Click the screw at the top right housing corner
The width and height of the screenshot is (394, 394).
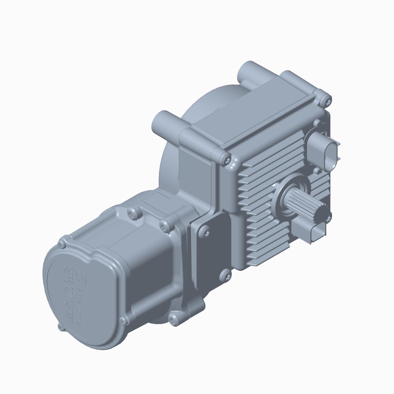pyautogui.click(x=327, y=100)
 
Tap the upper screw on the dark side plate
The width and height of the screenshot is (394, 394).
pyautogui.click(x=205, y=230)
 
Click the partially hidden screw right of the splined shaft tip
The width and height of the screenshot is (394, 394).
pyautogui.click(x=328, y=218)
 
